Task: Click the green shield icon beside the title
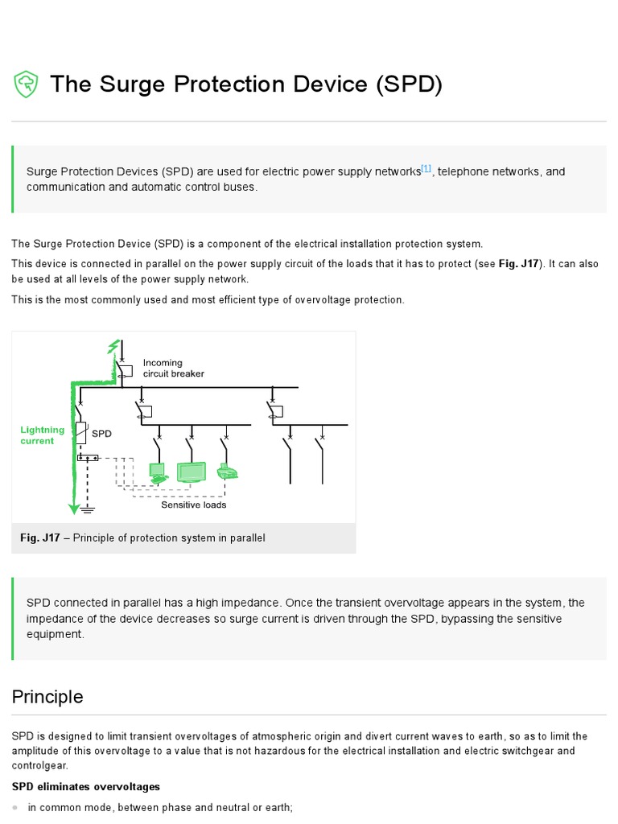(x=27, y=84)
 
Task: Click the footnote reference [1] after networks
(x=426, y=169)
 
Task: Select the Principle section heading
(x=47, y=697)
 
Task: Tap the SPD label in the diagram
(x=101, y=433)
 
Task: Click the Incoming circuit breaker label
(x=173, y=369)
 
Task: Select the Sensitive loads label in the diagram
(x=193, y=505)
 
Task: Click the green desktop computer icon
(x=157, y=472)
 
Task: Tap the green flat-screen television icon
(x=192, y=472)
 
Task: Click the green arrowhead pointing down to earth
(x=73, y=507)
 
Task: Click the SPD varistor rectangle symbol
(x=81, y=433)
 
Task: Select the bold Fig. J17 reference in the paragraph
(x=522, y=264)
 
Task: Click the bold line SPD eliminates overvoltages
(x=86, y=786)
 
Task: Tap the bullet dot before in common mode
(x=16, y=807)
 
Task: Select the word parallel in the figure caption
(x=246, y=538)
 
